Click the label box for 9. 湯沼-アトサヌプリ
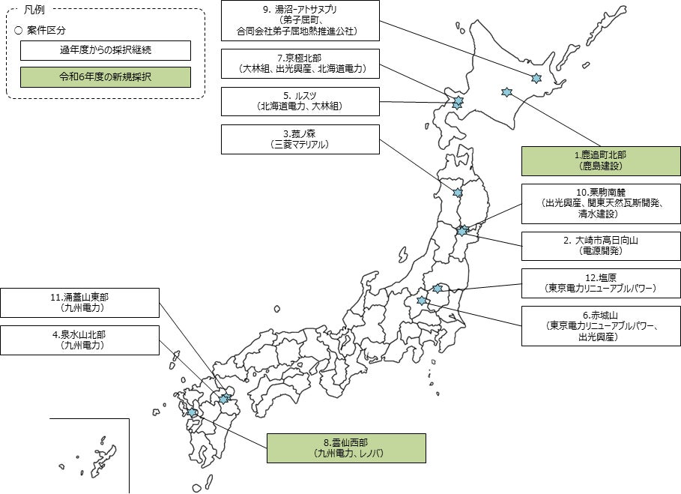tap(300, 20)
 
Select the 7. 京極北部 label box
tap(300, 64)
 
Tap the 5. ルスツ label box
tap(300, 101)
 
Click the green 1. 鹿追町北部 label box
tap(601, 160)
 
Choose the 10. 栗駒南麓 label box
tap(601, 202)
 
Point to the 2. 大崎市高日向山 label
tap(601, 246)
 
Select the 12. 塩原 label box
tap(601, 282)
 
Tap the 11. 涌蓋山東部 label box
tap(79, 302)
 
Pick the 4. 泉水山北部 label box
tap(79, 340)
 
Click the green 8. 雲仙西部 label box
tap(346, 448)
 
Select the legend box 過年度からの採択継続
tap(105, 51)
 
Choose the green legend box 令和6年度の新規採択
tap(105, 77)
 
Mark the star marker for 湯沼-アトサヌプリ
tap(536, 78)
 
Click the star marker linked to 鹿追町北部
tap(506, 91)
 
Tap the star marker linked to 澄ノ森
tap(458, 193)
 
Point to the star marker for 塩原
tap(438, 288)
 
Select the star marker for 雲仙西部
tap(193, 412)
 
